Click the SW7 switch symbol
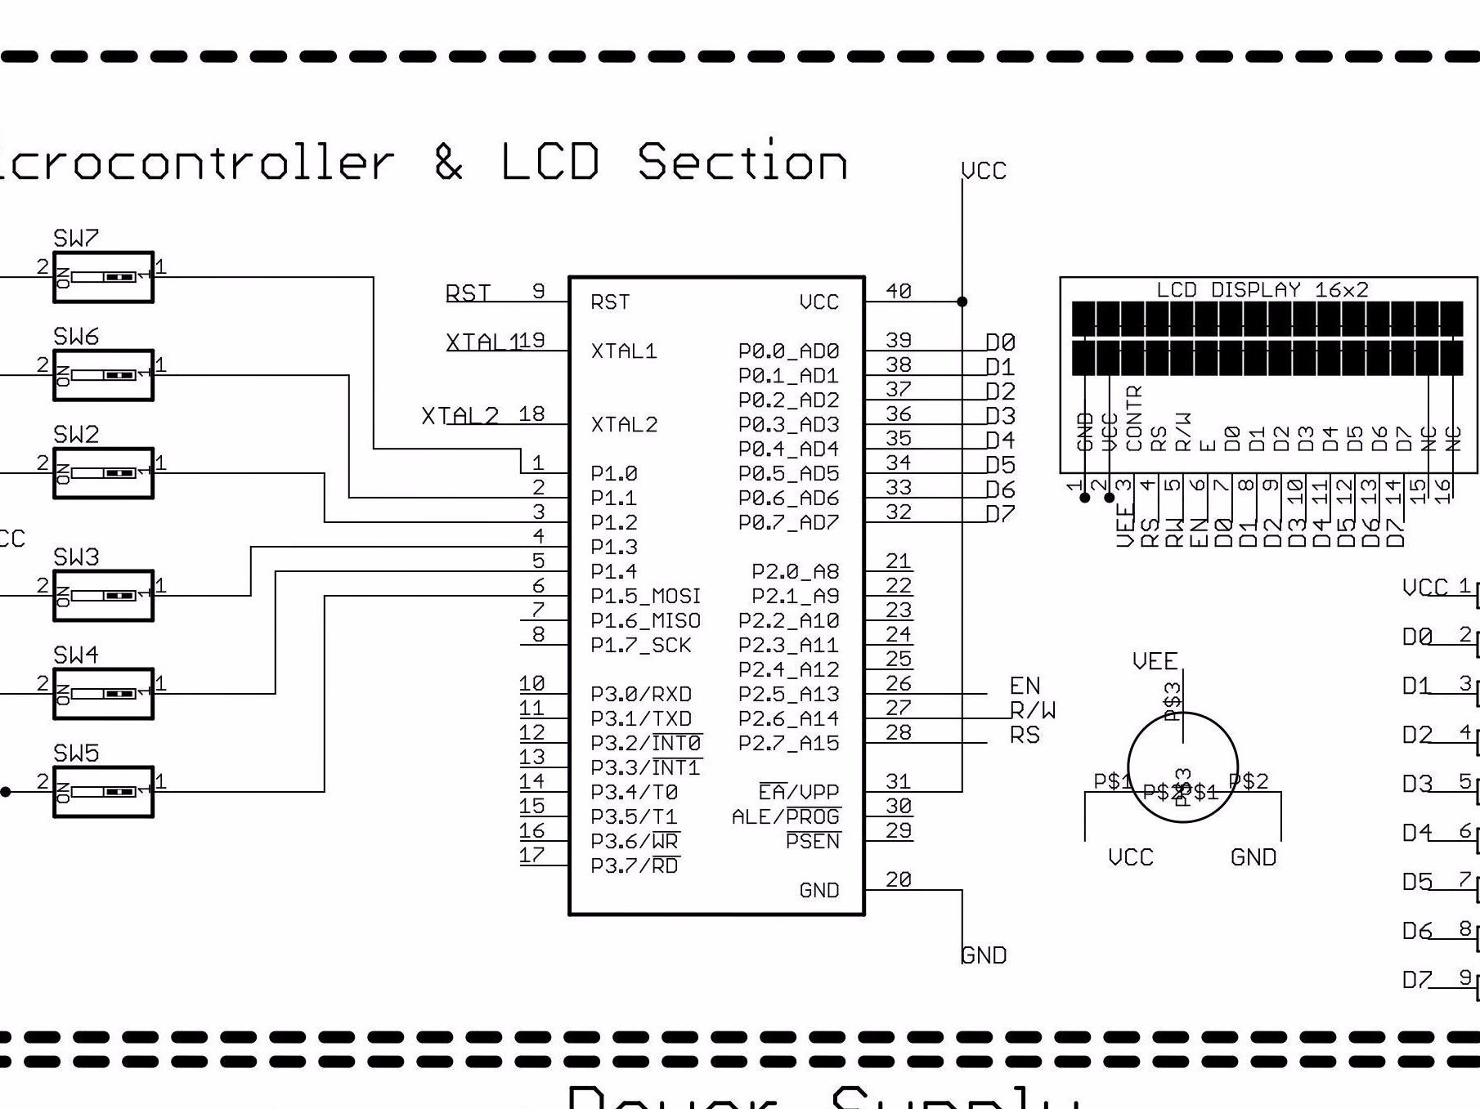pos(103,277)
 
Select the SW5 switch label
pos(76,753)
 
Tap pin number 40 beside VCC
pos(899,291)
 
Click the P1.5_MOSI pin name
pos(645,596)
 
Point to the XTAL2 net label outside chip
pos(460,415)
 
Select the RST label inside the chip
pos(610,302)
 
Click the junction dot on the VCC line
pos(962,302)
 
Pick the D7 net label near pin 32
pos(1000,514)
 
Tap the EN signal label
pos(1025,686)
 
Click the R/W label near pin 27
pos(1033,710)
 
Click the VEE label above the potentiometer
pos(1155,661)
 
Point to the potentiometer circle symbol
pos(1182,767)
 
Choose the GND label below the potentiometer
pos(1253,857)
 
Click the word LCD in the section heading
pos(549,161)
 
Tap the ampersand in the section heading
pos(448,161)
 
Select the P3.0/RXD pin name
pos(641,694)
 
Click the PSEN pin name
pos(812,842)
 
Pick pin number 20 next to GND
pos(898,879)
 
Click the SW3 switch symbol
pos(103,596)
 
